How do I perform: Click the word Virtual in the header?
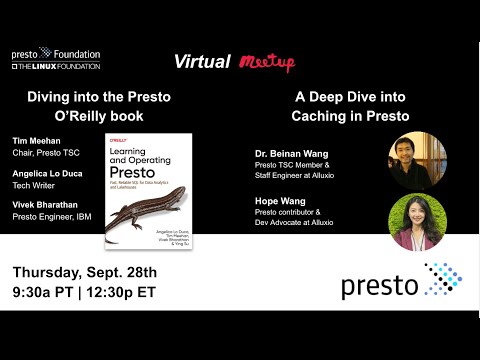[x=202, y=62]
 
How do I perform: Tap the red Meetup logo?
[x=267, y=63]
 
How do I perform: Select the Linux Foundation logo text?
[x=56, y=66]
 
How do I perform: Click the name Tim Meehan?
[x=38, y=141]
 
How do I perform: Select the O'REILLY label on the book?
[x=124, y=142]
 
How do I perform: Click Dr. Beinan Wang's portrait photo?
[x=417, y=160]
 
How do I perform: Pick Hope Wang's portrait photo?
[x=416, y=221]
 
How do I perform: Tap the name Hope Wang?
[x=283, y=200]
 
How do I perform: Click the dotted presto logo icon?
[x=442, y=281]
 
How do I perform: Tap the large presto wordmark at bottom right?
[x=380, y=285]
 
